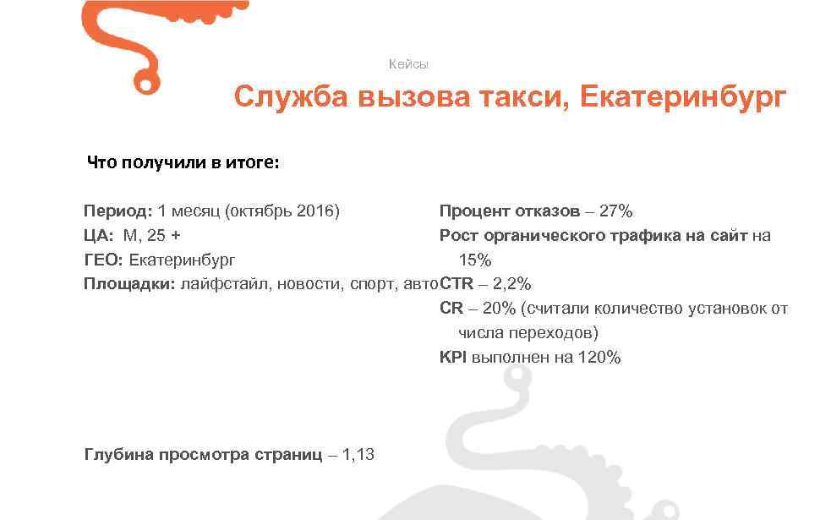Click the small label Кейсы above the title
(408, 64)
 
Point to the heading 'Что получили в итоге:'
(183, 162)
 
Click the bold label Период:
(118, 211)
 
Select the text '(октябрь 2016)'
(282, 211)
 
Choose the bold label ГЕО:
(103, 260)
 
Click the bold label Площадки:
(129, 284)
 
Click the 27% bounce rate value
(615, 211)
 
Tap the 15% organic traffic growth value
(474, 260)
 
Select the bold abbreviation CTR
(457, 284)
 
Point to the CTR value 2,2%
(512, 284)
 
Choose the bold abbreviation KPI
(453, 358)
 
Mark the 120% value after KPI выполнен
(599, 358)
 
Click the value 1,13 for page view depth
(358, 455)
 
